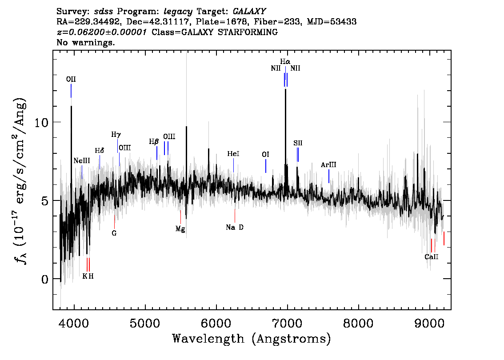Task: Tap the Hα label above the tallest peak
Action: pos(285,61)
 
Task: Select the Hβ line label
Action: pos(154,142)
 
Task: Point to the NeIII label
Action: pos(82,160)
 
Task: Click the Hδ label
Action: pos(99,151)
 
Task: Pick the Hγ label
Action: pos(116,134)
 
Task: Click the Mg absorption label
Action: pos(180,229)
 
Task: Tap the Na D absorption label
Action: pos(235,228)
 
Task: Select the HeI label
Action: pos(233,154)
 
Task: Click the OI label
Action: pos(265,154)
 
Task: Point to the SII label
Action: pos(298,143)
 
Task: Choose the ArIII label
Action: pos(328,165)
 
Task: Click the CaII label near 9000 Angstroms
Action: pos(432,257)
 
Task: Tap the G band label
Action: pos(114,233)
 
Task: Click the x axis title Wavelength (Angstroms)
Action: pos(252,339)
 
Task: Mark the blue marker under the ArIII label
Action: pos(329,176)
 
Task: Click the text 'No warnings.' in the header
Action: pos(86,43)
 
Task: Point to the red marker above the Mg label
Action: pos(180,217)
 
